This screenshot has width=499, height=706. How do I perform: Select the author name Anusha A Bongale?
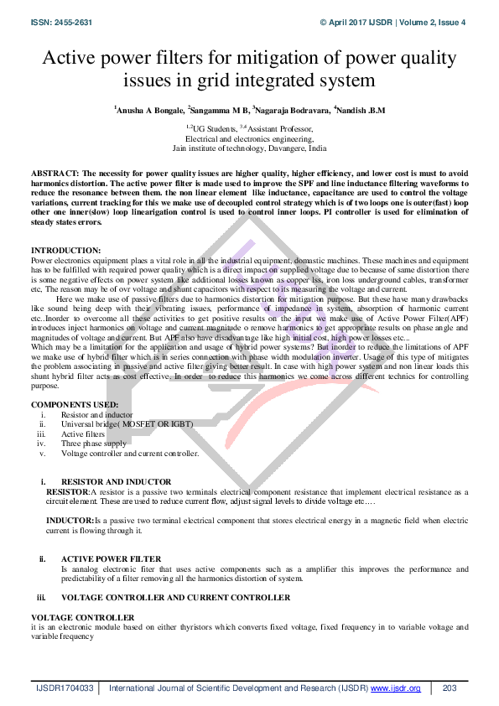(149, 110)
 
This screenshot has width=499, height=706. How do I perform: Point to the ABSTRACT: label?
(55, 171)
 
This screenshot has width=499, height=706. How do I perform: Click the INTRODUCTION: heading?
(65, 251)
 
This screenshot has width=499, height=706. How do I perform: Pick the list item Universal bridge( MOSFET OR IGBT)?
(127, 424)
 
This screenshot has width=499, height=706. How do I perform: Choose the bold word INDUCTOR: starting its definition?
(70, 521)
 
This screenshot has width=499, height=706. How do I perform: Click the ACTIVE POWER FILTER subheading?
(111, 558)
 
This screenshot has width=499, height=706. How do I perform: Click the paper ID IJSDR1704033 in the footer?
(65, 688)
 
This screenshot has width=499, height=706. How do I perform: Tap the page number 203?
(449, 688)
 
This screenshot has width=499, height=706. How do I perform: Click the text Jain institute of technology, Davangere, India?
(249, 148)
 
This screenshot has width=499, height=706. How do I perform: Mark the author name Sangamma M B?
(220, 110)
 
